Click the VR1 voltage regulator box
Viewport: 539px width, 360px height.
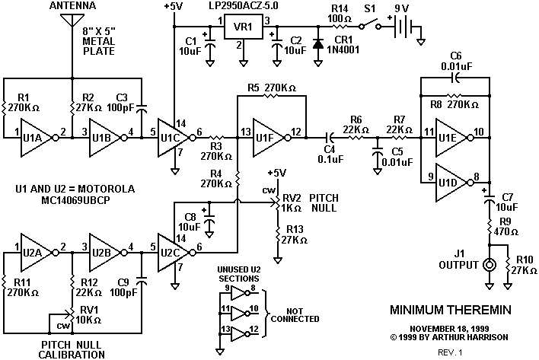point(244,27)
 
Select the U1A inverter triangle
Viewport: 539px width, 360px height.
point(36,138)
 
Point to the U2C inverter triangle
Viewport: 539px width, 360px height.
point(173,253)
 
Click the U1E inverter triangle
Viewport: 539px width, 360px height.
point(451,138)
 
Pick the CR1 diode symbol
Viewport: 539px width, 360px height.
point(318,43)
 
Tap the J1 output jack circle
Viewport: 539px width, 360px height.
point(489,265)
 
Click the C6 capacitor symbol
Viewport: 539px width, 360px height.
point(455,78)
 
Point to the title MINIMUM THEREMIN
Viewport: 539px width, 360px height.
point(451,310)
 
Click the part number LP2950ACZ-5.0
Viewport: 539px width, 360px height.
point(244,6)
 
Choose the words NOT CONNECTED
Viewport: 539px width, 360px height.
point(295,315)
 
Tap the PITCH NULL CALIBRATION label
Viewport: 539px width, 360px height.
point(72,349)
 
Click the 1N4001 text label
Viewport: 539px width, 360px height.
point(343,49)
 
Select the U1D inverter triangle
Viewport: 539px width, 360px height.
point(451,183)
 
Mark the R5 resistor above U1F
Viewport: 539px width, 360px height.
point(272,96)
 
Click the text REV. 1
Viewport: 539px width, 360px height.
point(451,352)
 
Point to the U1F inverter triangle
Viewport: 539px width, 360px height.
point(268,138)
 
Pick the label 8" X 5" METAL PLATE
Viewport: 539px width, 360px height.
point(99,41)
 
